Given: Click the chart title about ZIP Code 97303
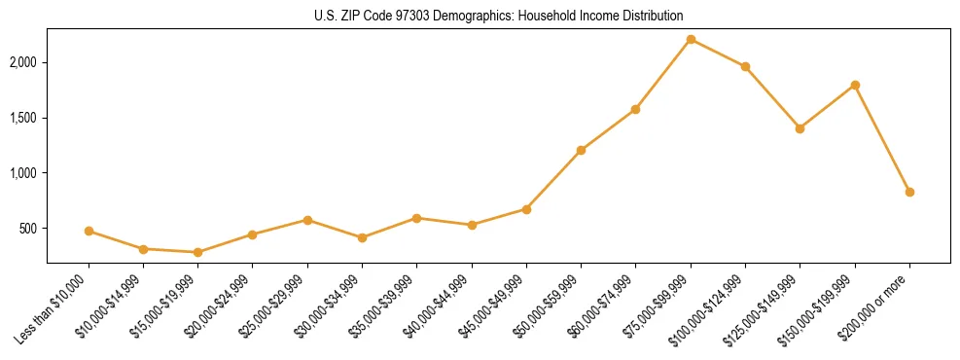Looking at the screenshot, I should pyautogui.click(x=499, y=17).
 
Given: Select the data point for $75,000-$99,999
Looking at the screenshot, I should pyautogui.click(x=691, y=39).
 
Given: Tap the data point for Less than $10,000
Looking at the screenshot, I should pyautogui.click(x=89, y=231).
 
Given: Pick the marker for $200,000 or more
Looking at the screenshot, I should pyautogui.click(x=909, y=192).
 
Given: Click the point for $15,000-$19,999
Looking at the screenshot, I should pyautogui.click(x=198, y=252).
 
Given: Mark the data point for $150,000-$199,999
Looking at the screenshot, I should pyautogui.click(x=855, y=85).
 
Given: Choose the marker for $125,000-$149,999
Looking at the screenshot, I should pyautogui.click(x=800, y=128).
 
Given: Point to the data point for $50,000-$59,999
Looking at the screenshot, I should pyautogui.click(x=581, y=150).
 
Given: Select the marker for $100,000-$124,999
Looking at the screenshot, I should pyautogui.click(x=745, y=66).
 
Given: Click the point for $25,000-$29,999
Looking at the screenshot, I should pyautogui.click(x=307, y=220).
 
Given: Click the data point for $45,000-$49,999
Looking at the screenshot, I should pyautogui.click(x=526, y=209).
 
